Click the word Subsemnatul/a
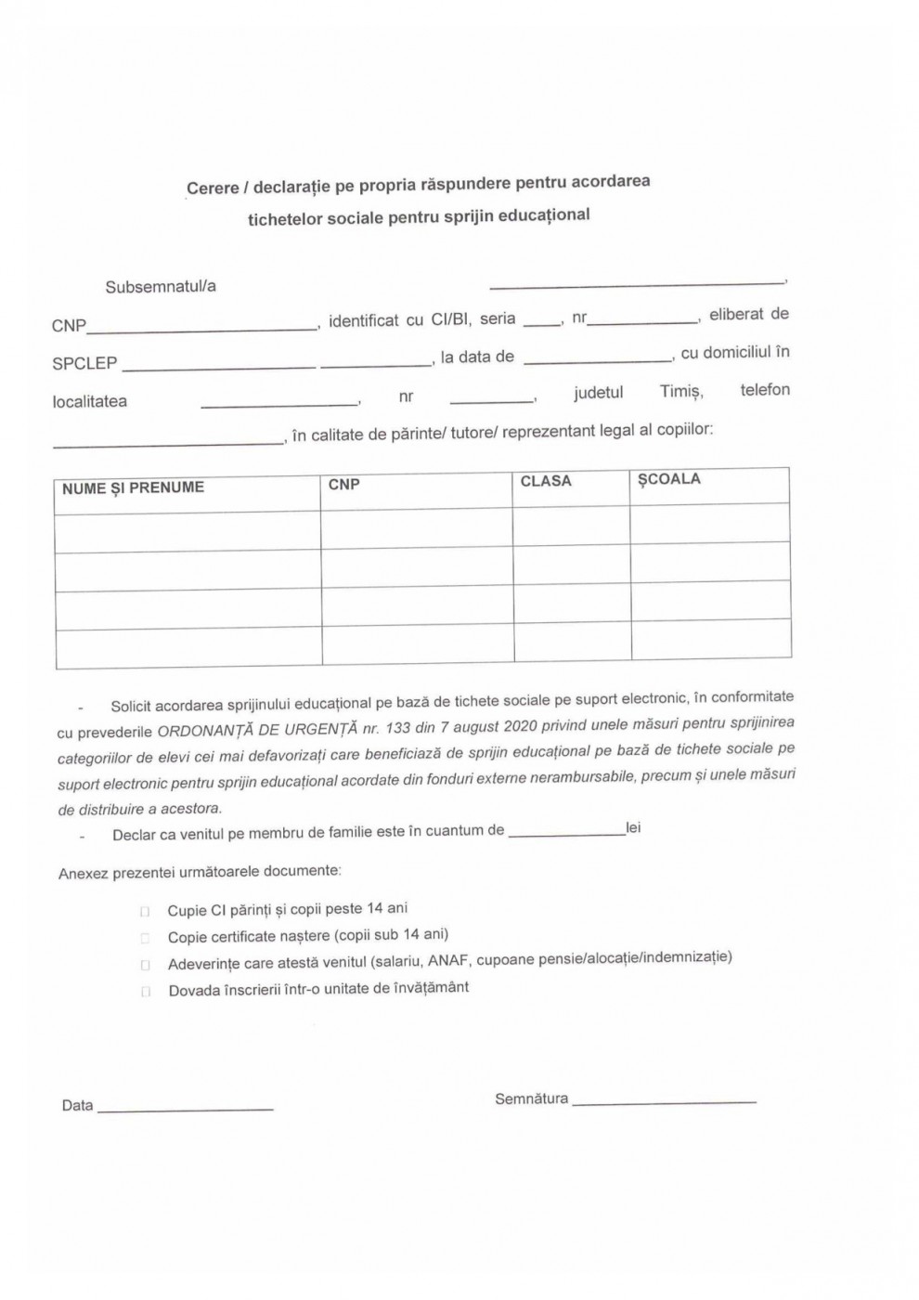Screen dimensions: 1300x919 coord(160,287)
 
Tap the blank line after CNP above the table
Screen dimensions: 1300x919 coord(201,326)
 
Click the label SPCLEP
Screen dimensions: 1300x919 coord(84,364)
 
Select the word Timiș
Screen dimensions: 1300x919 coord(680,391)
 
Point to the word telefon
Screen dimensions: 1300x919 coord(765,389)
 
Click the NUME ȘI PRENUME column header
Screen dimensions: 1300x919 coord(133,488)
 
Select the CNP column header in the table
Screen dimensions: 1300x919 coord(343,485)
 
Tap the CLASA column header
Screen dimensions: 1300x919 coord(546,481)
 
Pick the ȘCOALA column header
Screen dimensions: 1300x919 coord(668,479)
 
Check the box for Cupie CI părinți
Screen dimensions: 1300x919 coord(145,912)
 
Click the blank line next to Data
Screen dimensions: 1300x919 coord(185,1107)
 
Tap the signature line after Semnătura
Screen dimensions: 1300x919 coord(664,1100)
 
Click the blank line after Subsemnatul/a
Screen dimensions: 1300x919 coord(636,281)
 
